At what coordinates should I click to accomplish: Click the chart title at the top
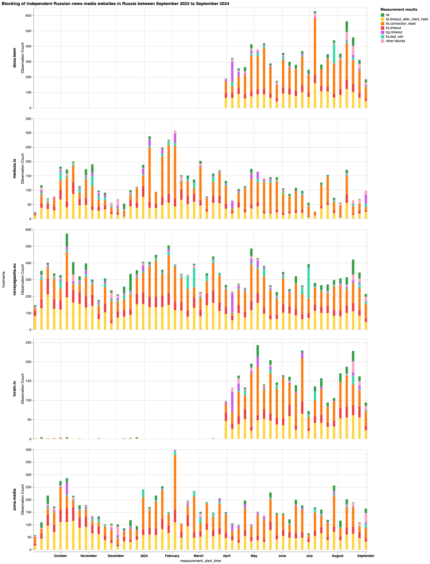tap(115, 3)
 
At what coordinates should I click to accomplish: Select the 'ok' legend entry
tap(388, 15)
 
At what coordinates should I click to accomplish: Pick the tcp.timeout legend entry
tap(394, 32)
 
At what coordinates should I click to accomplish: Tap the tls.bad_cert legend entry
tap(394, 37)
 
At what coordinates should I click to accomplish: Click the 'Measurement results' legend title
tap(399, 9)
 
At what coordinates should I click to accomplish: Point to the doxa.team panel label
tap(15, 57)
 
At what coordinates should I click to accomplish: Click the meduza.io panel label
tap(15, 169)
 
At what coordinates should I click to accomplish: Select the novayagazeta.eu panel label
tap(15, 280)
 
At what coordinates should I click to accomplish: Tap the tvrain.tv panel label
tap(15, 389)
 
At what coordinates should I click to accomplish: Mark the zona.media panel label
tap(15, 500)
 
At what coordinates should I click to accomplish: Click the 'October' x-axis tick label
tap(60, 556)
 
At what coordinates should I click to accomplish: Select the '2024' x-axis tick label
tap(144, 556)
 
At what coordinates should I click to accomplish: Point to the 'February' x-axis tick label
tap(172, 556)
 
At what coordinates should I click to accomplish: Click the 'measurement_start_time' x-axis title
tap(200, 561)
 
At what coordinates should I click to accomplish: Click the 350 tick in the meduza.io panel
tap(28, 119)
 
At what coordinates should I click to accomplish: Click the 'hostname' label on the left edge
tap(3, 280)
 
